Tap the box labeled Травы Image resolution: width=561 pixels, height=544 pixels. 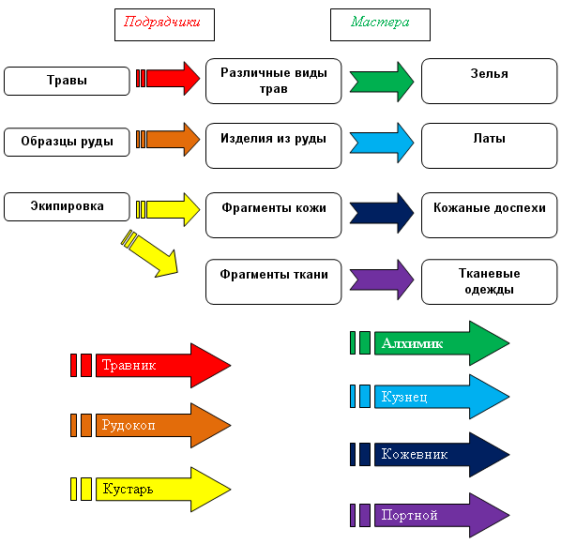67,81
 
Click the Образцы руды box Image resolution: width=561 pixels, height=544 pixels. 67,142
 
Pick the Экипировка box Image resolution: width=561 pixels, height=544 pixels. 67,206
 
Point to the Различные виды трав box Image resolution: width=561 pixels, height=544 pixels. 274,82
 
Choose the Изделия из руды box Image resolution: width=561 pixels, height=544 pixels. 274,146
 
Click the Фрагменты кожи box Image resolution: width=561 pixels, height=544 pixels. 274,216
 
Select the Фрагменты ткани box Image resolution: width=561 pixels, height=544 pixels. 274,281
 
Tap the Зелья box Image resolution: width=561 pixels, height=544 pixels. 490,82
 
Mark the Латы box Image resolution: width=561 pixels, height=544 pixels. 490,146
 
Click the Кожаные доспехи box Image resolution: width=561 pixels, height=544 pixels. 490,216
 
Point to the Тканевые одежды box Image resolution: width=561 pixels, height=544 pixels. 490,281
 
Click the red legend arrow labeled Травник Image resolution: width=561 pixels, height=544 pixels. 151,365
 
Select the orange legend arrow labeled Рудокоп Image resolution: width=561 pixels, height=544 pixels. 151,425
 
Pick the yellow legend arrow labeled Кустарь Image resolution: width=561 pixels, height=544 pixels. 151,489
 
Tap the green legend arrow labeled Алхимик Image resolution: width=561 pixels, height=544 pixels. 430,343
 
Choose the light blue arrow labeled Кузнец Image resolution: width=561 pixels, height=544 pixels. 430,397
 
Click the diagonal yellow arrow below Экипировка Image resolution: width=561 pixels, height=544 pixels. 150,253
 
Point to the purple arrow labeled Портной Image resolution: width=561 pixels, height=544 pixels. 430,515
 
